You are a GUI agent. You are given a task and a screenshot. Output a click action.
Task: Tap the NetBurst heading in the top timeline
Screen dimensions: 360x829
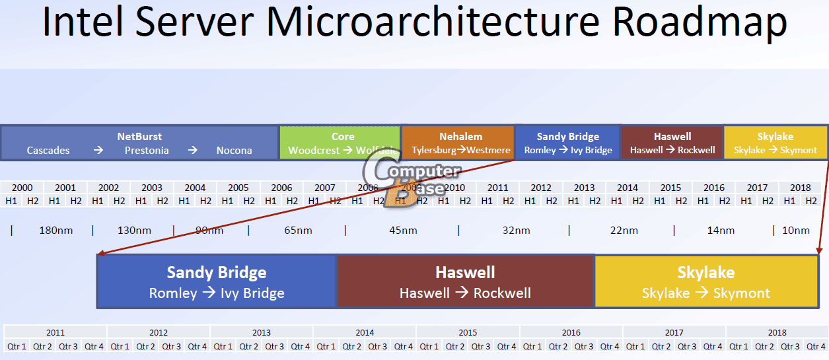point(139,137)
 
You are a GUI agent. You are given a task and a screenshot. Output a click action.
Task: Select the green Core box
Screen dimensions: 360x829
point(340,143)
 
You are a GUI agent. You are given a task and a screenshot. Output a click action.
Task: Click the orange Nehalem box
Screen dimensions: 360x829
point(458,143)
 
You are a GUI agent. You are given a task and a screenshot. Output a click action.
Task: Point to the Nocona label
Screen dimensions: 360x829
point(234,151)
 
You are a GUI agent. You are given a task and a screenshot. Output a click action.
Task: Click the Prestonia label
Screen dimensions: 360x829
point(147,151)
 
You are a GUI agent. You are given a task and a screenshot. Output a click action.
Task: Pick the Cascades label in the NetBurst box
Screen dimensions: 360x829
point(48,151)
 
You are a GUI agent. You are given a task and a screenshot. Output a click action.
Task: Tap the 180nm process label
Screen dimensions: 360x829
point(55,231)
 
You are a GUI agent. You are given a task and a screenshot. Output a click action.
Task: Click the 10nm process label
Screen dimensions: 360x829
point(795,231)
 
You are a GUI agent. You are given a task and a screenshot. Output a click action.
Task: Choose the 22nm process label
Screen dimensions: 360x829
point(624,231)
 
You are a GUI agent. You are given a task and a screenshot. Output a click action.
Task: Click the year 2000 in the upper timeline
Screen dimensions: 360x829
point(22,188)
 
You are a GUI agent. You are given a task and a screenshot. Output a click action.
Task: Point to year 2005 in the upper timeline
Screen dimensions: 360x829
point(238,188)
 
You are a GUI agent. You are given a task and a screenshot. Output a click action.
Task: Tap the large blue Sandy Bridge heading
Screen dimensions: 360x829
point(217,272)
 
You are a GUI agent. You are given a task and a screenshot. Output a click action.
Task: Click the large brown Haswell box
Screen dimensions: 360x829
point(465,281)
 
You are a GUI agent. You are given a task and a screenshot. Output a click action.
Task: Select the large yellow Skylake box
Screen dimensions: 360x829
point(706,281)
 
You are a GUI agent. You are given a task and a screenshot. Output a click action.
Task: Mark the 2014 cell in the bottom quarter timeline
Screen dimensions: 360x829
point(365,332)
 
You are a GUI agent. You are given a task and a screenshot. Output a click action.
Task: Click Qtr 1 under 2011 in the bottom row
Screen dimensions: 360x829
point(17,346)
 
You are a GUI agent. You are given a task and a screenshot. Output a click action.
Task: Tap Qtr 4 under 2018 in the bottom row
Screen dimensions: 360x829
point(816,346)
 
